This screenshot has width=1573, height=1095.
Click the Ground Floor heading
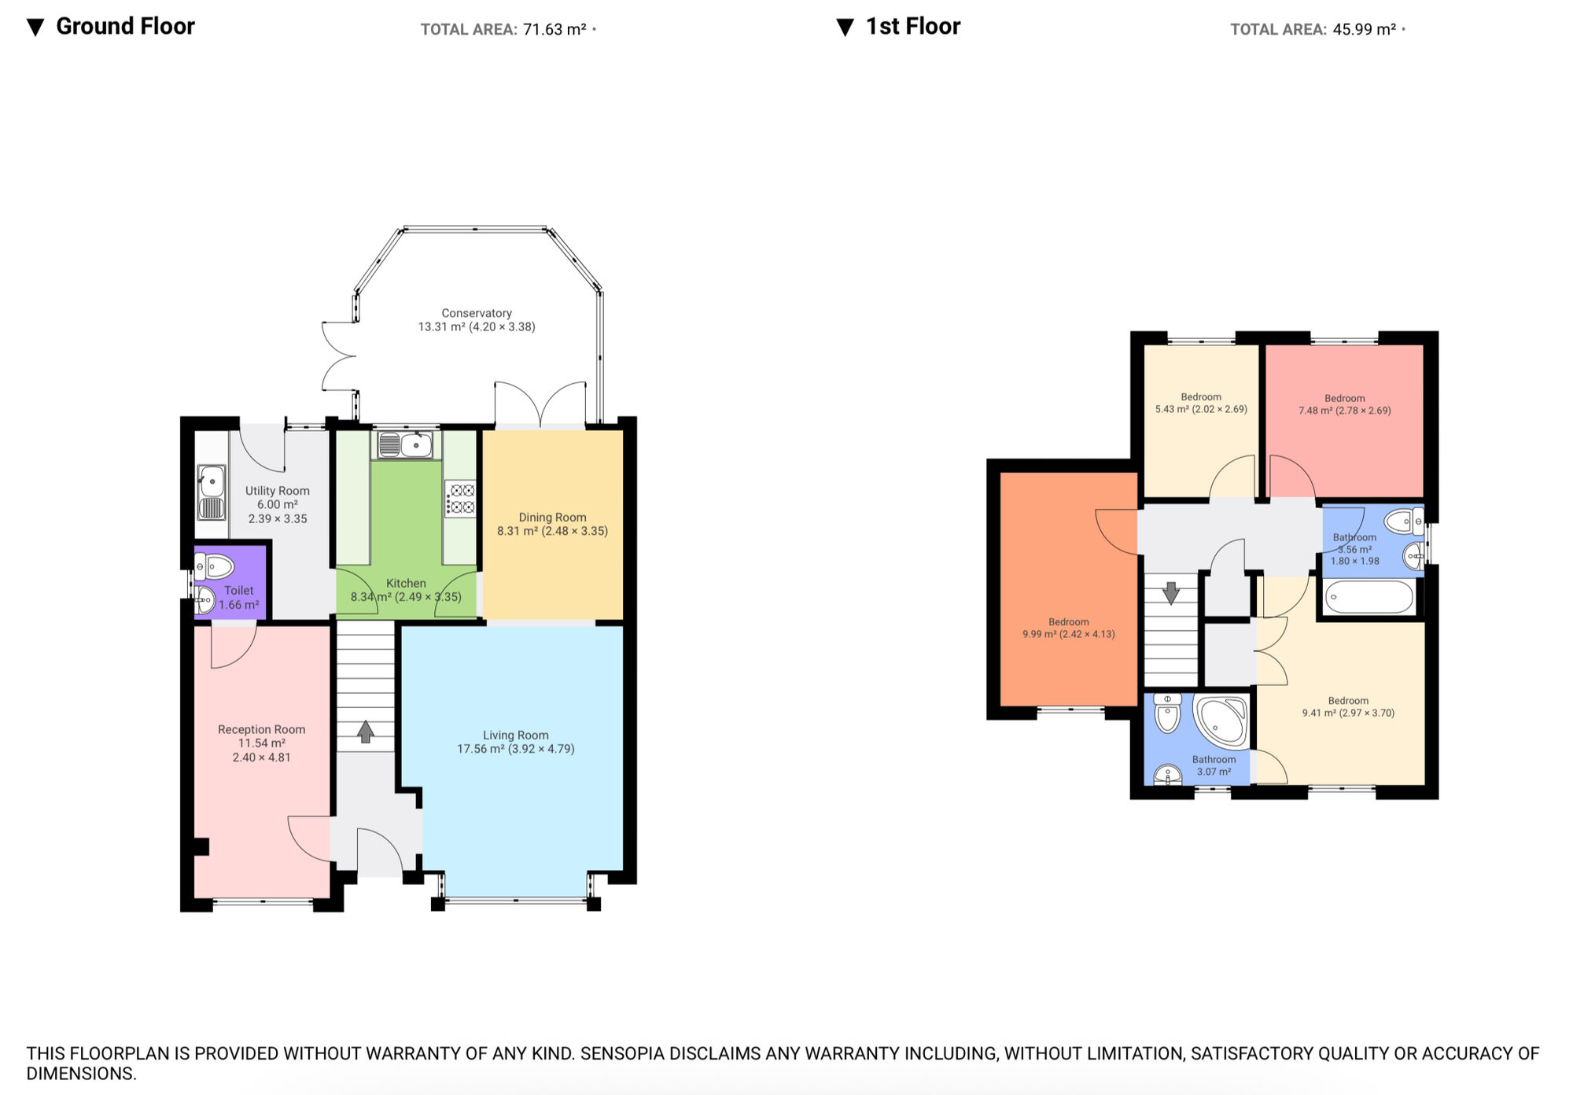click(125, 26)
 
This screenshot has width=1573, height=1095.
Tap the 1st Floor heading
click(912, 26)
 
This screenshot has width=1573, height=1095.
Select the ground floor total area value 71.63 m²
click(554, 30)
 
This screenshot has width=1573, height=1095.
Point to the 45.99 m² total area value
click(1364, 30)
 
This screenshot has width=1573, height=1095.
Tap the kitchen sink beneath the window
click(404, 445)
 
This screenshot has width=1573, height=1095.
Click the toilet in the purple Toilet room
click(215, 566)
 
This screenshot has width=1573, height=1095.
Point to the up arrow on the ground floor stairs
click(366, 732)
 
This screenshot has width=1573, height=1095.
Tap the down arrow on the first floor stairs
click(1171, 592)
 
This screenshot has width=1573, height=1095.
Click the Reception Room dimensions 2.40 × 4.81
click(261, 758)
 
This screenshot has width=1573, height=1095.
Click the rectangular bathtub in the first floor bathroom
click(1369, 598)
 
